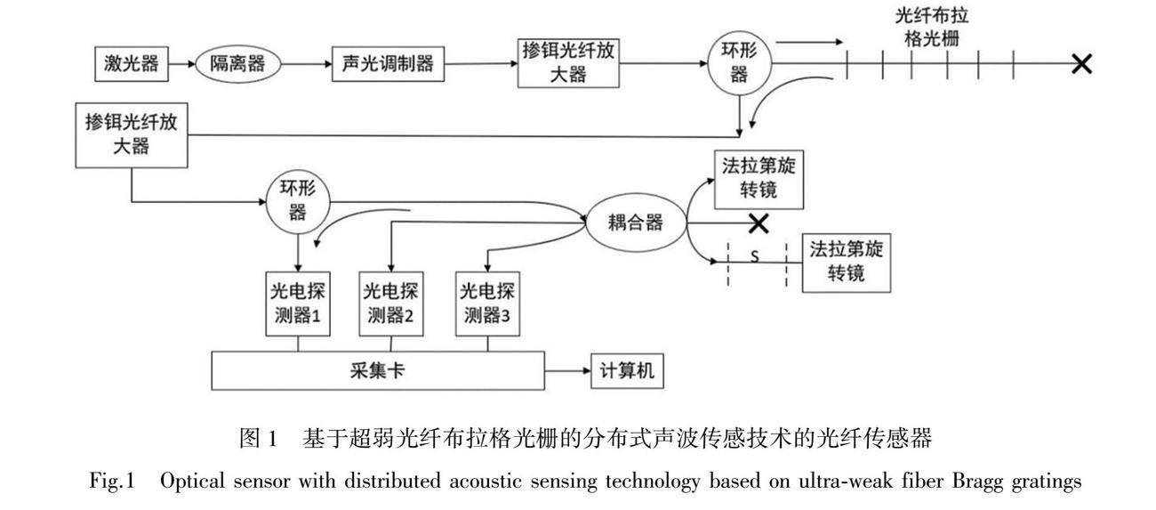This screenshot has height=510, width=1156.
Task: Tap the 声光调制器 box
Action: point(388,64)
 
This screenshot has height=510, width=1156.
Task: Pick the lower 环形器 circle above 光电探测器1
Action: point(297,201)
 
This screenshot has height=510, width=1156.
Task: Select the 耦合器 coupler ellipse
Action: point(636,222)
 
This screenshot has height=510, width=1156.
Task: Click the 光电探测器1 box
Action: point(298,304)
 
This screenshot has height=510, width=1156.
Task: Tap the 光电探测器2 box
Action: point(391,304)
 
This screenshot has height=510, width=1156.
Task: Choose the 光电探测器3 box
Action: point(487,304)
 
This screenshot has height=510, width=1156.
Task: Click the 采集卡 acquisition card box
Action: point(378,370)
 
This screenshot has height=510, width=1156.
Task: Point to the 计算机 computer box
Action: point(627,370)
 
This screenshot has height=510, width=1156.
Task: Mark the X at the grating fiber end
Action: point(1081,63)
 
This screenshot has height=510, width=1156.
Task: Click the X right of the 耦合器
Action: point(759,222)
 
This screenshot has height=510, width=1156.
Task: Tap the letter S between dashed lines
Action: point(754,257)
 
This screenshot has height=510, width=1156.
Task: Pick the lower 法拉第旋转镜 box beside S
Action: point(847,262)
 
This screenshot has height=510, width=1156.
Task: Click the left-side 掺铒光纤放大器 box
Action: point(132,134)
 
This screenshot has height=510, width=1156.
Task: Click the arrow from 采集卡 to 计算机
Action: point(567,370)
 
